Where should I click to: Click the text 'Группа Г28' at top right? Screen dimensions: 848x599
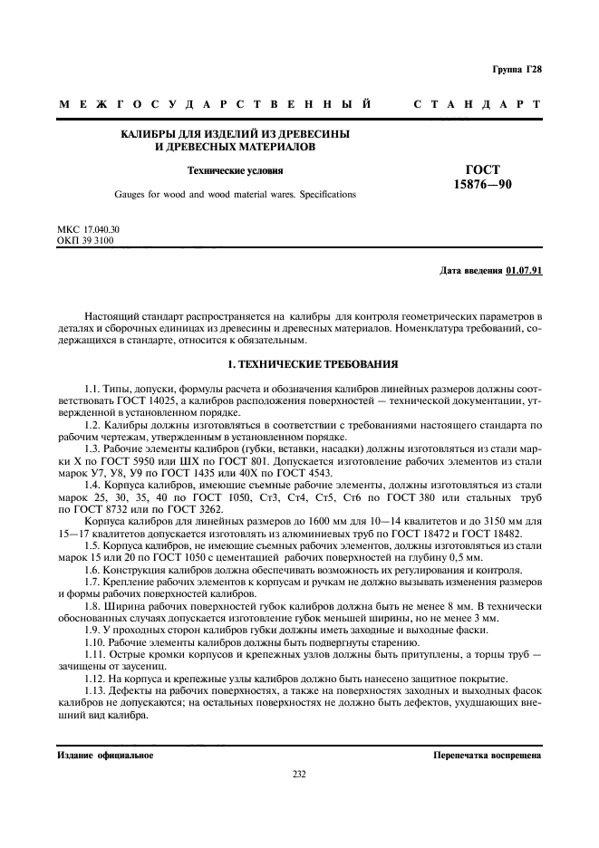[x=517, y=70]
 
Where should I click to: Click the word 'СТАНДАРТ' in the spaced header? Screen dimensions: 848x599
[x=478, y=105]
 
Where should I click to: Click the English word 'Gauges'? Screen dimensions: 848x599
[x=130, y=194]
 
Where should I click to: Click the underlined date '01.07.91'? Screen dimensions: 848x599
[x=524, y=271]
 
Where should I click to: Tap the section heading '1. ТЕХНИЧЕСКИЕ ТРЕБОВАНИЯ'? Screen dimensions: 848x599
[x=300, y=364]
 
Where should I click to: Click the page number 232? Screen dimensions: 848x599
[x=299, y=773]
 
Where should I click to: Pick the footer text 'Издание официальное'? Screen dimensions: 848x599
[x=105, y=754]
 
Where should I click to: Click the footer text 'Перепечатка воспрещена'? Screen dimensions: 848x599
[x=487, y=754]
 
